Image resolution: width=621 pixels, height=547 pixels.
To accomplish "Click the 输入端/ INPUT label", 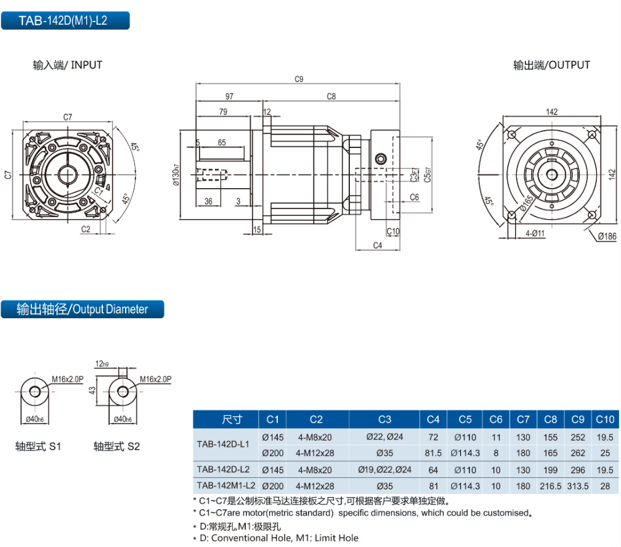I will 68,65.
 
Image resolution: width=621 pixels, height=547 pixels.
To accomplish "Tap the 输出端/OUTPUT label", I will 551,65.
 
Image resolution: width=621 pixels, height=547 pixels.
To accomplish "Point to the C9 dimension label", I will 299,79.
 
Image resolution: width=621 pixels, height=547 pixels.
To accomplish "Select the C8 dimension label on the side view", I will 331,96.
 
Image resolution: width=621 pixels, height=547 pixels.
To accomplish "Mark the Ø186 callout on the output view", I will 606,237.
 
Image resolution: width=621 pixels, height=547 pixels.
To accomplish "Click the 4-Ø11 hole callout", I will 535,233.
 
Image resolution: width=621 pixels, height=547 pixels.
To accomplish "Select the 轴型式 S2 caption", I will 116,445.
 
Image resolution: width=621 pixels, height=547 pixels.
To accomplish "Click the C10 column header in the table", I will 605,420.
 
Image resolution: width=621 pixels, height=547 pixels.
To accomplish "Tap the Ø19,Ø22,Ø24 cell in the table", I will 384,469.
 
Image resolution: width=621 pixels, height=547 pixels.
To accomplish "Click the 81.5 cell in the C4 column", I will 433,453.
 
